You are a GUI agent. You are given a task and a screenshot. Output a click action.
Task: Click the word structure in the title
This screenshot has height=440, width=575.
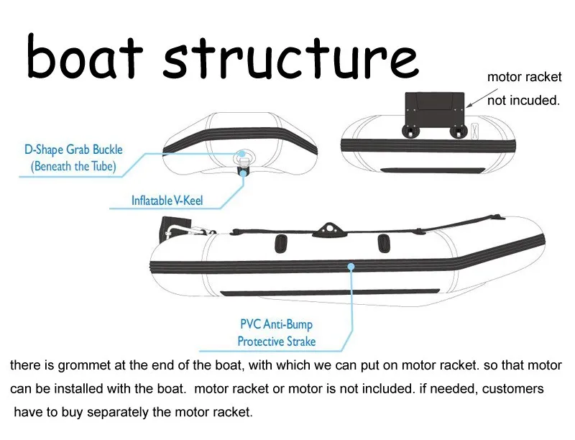coord(290,58)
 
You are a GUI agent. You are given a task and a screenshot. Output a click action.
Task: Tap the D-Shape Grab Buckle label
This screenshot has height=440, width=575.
coord(73,150)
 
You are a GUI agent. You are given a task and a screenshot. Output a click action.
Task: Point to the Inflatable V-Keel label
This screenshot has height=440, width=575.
coord(167,200)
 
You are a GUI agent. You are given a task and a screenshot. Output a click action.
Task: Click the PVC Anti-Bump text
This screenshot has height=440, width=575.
coord(276,324)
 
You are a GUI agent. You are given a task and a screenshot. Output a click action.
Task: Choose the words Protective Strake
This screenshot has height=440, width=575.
coord(276,342)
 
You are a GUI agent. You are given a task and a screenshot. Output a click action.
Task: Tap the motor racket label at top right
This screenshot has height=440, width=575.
coord(525,77)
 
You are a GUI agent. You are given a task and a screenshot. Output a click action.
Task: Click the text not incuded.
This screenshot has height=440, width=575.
coord(523,100)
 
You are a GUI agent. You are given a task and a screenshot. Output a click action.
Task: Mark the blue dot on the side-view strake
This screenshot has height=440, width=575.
coord(351,267)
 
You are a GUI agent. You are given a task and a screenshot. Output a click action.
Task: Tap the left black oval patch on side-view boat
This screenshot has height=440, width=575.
coord(281,244)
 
